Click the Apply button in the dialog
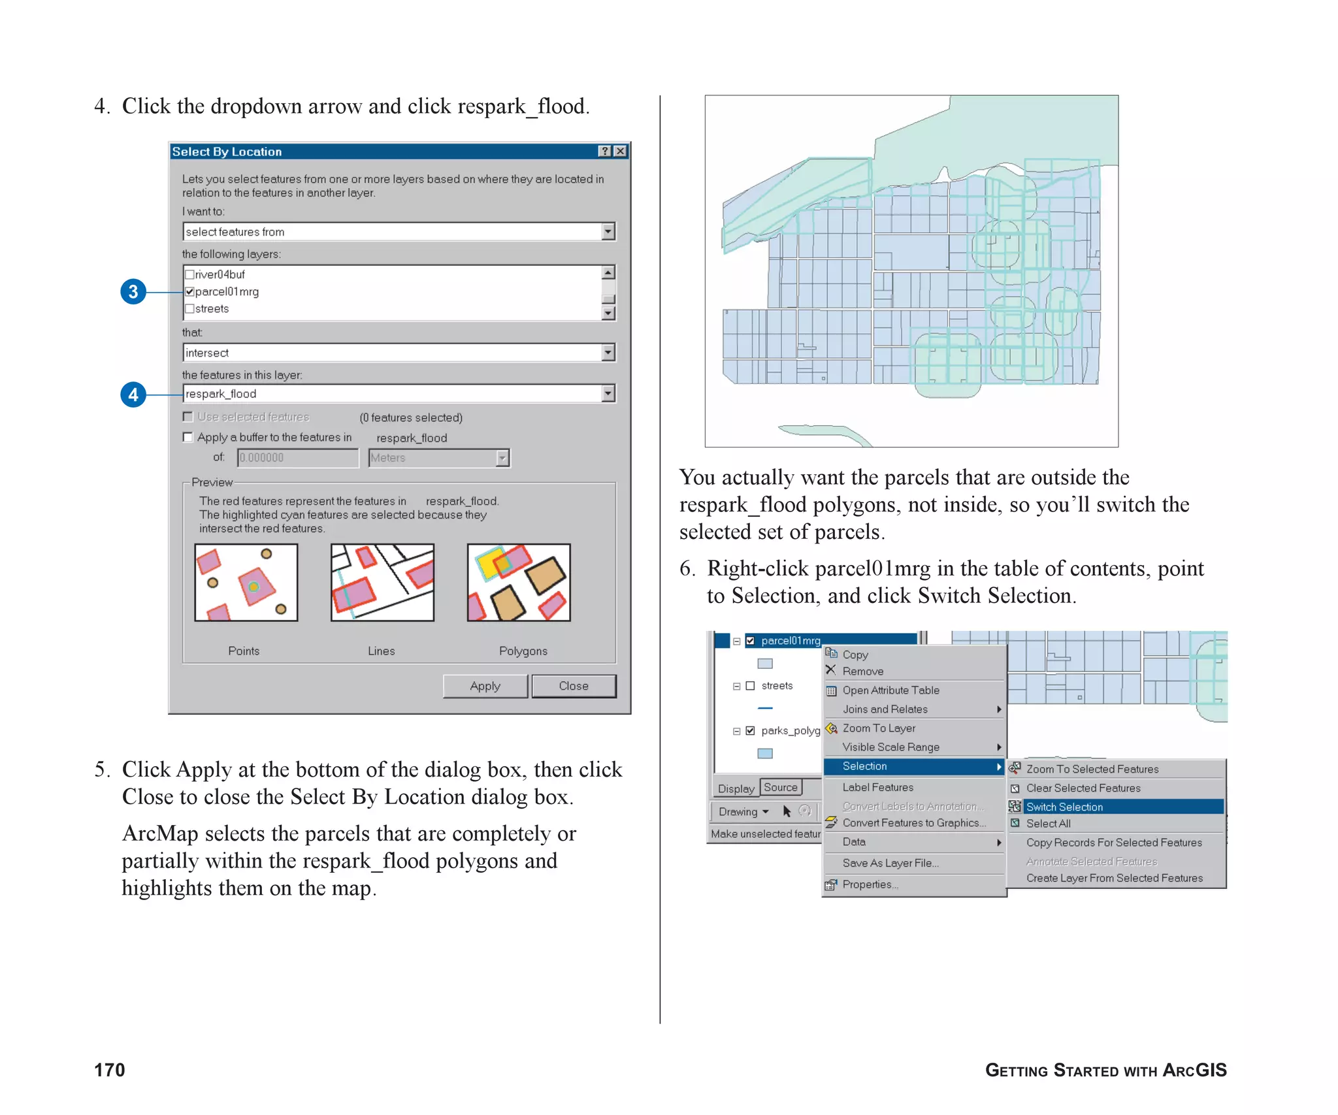coord(485,686)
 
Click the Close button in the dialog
coord(573,686)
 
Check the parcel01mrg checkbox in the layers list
coord(190,291)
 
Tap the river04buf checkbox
coord(190,274)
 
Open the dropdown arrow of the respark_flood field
coord(608,393)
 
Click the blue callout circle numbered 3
coord(133,291)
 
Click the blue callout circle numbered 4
coord(133,394)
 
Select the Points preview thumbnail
coord(246,582)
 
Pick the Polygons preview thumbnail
coord(519,582)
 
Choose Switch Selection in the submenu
coord(1064,807)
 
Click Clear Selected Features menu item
coord(1083,788)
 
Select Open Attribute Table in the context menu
coord(890,690)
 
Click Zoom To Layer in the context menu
coord(879,728)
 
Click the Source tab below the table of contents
coord(780,788)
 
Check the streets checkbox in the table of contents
coord(750,686)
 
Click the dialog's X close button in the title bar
coord(620,152)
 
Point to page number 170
coord(110,1069)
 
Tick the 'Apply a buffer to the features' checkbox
coord(188,437)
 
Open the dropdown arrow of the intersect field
coord(608,353)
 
